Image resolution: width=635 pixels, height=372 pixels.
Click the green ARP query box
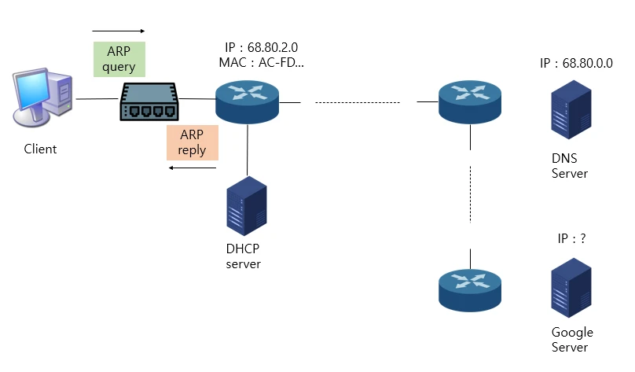119,59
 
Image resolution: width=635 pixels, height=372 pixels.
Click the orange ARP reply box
193,142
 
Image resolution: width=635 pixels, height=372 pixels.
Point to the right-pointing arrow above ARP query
119,31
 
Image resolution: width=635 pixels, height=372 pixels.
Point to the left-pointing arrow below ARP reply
193,168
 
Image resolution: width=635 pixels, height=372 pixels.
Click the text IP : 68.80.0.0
576,63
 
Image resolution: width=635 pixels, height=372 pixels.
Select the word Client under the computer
40,149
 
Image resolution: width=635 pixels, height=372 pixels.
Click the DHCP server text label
243,256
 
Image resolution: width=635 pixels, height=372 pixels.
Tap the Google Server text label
571,340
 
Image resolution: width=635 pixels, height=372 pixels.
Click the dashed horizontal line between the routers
358,101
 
